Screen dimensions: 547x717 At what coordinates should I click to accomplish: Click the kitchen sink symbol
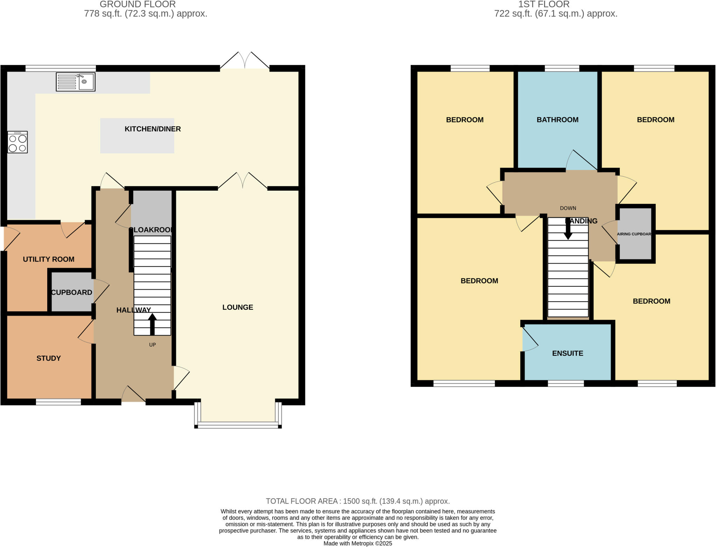(x=76, y=82)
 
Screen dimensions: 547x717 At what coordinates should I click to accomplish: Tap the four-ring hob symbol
(x=18, y=142)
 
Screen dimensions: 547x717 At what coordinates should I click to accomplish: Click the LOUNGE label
(x=237, y=307)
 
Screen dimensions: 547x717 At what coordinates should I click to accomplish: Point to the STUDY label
(x=49, y=358)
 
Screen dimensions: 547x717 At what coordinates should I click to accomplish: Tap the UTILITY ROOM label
(x=49, y=259)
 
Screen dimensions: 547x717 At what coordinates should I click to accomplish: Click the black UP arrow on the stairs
(x=152, y=324)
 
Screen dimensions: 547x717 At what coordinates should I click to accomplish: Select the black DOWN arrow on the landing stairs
(x=568, y=230)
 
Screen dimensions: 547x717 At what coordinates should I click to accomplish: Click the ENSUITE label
(x=568, y=353)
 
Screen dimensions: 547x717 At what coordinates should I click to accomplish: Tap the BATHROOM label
(x=557, y=120)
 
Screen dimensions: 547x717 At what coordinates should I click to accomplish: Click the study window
(x=58, y=402)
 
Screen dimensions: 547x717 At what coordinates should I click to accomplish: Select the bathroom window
(x=562, y=68)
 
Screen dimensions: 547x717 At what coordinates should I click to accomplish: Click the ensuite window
(x=566, y=384)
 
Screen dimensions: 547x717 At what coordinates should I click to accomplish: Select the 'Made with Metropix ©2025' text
(x=357, y=543)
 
